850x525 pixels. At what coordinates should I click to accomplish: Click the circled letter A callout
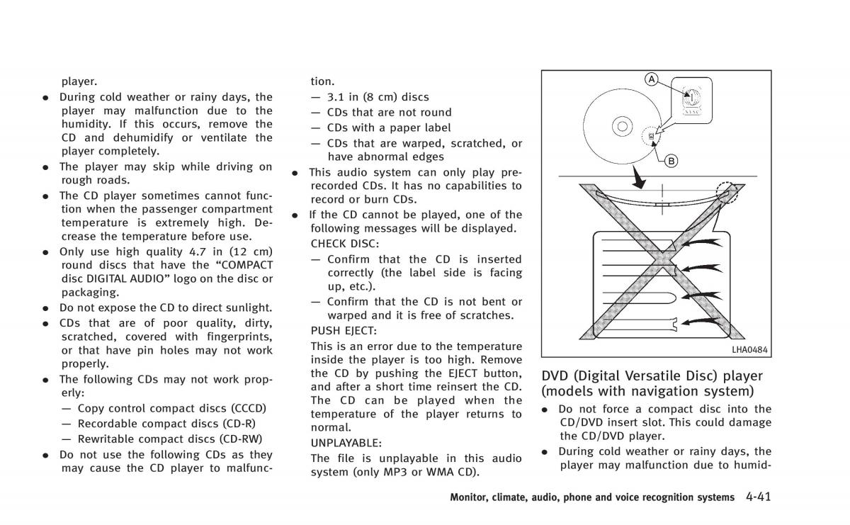click(x=651, y=79)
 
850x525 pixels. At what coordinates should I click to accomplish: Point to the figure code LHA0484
click(x=750, y=349)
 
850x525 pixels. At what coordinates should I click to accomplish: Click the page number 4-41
click(x=758, y=497)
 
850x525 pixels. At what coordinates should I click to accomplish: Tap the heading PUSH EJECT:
click(x=344, y=330)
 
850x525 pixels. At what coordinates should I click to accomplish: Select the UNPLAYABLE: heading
click(x=346, y=442)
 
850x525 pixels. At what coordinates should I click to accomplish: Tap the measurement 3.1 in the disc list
click(x=336, y=97)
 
